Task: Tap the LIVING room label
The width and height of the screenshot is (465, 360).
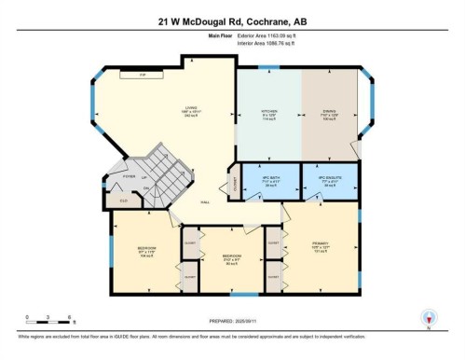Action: (x=190, y=109)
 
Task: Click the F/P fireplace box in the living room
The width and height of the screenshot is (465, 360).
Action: (x=143, y=74)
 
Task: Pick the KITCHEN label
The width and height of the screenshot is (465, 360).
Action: (x=269, y=112)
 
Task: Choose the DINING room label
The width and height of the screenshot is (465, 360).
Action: (x=328, y=112)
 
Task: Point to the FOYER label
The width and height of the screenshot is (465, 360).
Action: (x=128, y=174)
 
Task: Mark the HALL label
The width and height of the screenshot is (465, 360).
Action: (x=204, y=203)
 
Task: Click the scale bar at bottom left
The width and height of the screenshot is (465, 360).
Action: (x=38, y=322)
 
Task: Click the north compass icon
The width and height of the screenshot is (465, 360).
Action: (x=428, y=318)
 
